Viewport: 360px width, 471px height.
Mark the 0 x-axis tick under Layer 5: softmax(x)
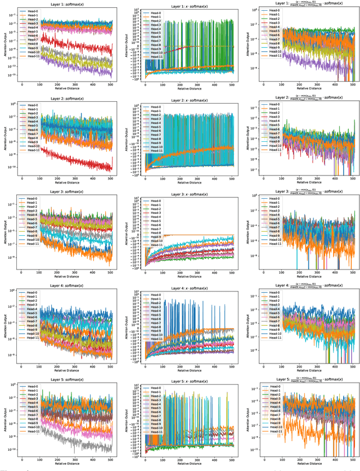pos(22,462)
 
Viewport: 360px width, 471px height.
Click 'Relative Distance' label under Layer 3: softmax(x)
pos(66,277)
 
